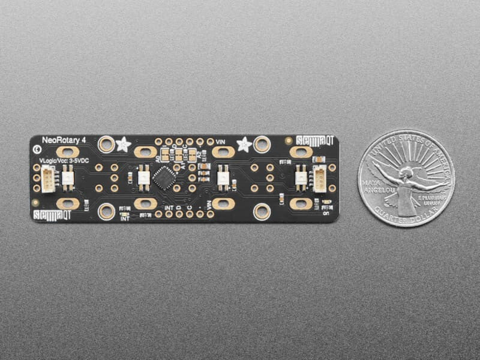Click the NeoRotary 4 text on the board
(64, 140)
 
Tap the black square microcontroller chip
(164, 178)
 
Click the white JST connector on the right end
(320, 179)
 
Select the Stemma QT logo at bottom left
(52, 214)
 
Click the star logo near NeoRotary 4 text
(123, 144)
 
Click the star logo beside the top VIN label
(244, 144)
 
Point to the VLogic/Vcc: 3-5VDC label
(64, 161)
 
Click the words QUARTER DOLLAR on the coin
(406, 217)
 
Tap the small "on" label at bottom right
(326, 212)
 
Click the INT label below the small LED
(125, 219)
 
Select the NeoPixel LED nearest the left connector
(67, 178)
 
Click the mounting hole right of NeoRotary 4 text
(107, 144)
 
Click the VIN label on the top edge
(220, 141)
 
